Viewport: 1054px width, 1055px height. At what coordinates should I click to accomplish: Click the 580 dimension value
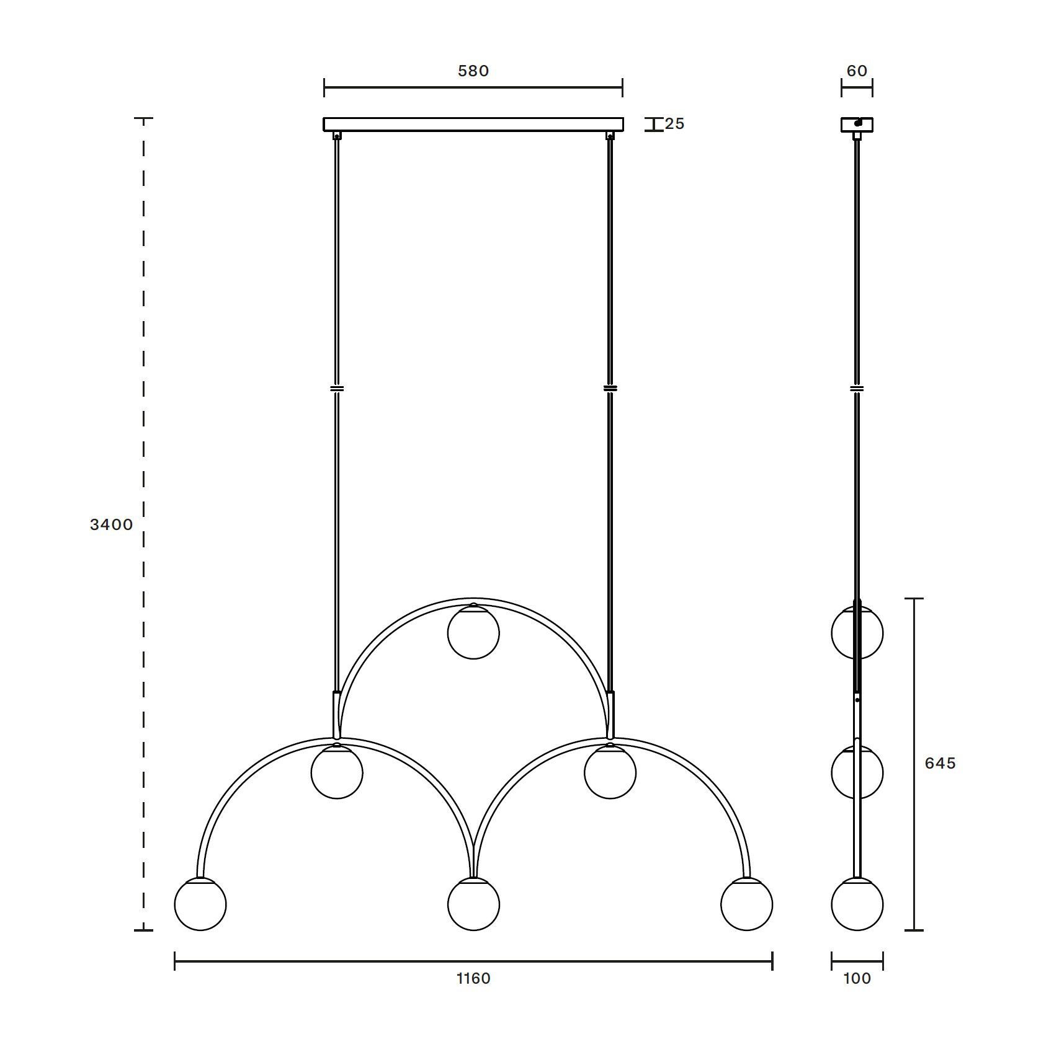[473, 71]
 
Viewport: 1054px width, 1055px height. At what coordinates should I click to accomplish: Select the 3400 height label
[112, 524]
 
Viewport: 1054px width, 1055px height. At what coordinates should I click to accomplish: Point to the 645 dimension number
[940, 763]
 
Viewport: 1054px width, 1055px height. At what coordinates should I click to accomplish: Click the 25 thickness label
[674, 124]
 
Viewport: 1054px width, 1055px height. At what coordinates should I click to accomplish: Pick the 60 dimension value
[857, 71]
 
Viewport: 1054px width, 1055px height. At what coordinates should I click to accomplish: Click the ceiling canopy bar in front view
[473, 125]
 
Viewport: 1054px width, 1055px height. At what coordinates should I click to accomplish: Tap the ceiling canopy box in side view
[857, 125]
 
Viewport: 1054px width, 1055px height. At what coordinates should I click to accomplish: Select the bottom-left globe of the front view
[200, 904]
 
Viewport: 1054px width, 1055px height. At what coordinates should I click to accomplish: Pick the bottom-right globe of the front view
[747, 904]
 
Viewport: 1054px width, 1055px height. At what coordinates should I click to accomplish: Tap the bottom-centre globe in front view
[473, 904]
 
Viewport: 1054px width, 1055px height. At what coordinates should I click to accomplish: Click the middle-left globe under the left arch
[337, 773]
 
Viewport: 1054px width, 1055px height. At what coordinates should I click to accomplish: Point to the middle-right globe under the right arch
[610, 773]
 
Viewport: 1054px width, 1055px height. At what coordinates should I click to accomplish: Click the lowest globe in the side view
[857, 904]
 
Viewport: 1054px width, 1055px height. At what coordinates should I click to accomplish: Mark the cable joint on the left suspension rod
[337, 389]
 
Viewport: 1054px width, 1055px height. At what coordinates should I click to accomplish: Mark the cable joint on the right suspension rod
[610, 389]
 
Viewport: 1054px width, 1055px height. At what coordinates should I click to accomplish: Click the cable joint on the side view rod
[857, 389]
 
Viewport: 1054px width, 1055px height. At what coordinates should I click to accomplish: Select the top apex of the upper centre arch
[473, 600]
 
